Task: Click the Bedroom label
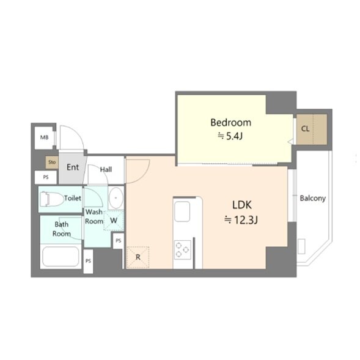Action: tap(231, 123)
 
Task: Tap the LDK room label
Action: tap(242, 205)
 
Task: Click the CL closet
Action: tap(312, 130)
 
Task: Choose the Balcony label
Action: tap(313, 198)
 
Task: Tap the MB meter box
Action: tap(45, 138)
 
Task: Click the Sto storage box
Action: tap(52, 162)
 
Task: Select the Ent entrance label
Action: tap(73, 167)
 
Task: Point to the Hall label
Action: tap(106, 170)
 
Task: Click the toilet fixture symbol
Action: tap(51, 199)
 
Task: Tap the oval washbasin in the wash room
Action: tap(116, 198)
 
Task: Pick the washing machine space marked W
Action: tap(114, 221)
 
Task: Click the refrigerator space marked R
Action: tap(138, 257)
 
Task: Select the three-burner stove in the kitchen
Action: tap(182, 250)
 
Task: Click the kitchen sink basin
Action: tap(182, 211)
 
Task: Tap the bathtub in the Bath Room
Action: tap(61, 257)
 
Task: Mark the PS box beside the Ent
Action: tap(46, 177)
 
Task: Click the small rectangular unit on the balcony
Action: tap(301, 246)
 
